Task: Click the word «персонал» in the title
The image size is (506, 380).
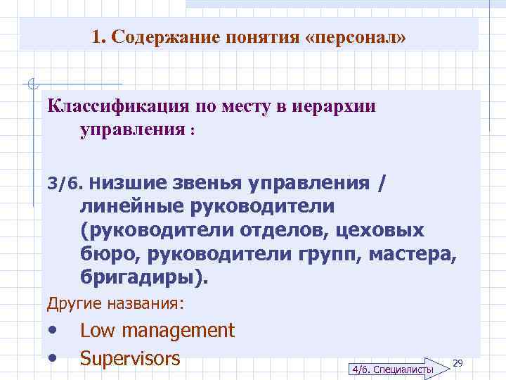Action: pyautogui.click(x=356, y=37)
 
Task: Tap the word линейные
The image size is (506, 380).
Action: pyautogui.click(x=131, y=208)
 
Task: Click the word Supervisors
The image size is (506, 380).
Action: pyautogui.click(x=130, y=358)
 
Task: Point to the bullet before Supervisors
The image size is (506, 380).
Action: pyautogui.click(x=53, y=358)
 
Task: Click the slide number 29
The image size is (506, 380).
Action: pyautogui.click(x=458, y=362)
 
